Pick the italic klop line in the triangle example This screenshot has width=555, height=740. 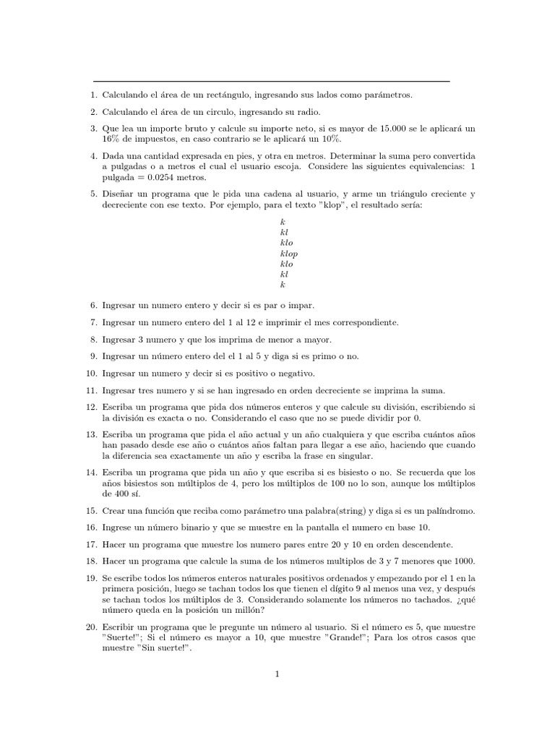tap(288, 254)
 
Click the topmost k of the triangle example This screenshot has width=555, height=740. tap(283, 223)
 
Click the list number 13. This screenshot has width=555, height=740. tap(91, 434)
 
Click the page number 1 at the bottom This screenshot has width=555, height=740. tap(277, 674)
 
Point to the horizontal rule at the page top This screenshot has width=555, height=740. tap(272, 81)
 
